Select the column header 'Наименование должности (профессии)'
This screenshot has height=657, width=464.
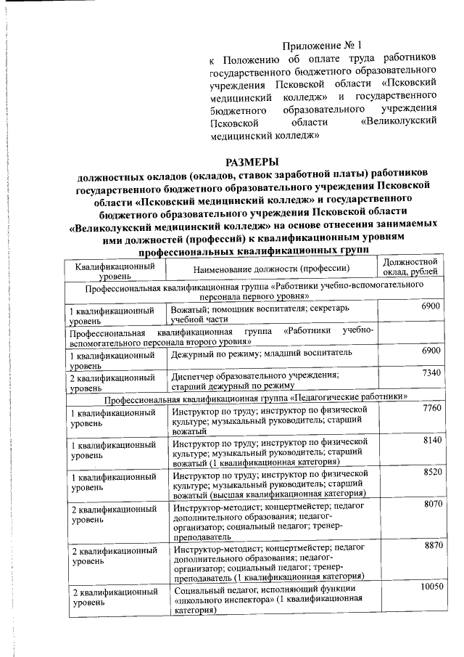(271, 269)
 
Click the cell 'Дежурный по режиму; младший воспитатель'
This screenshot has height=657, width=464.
(262, 353)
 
